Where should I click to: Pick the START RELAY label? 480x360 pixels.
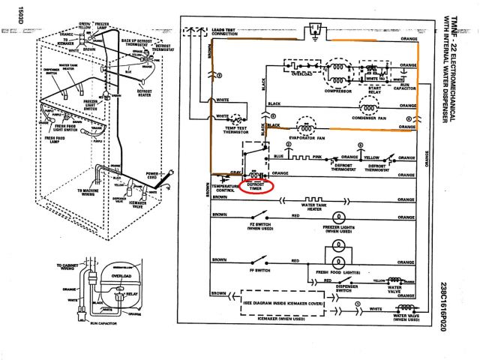pos(373,90)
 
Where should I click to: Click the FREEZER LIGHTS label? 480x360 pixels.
pos(338,228)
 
